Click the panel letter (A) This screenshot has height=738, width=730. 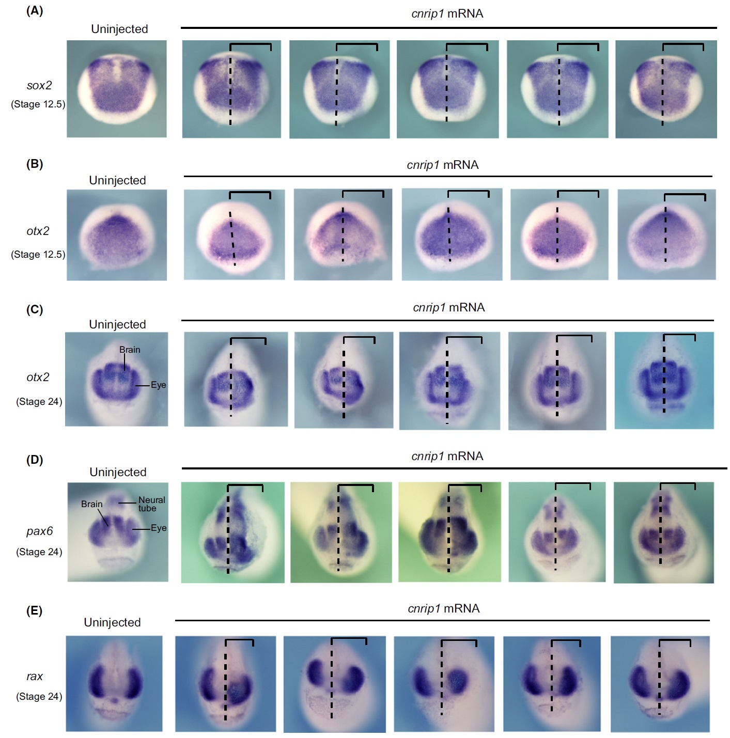pos(35,11)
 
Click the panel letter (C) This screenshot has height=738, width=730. pos(35,309)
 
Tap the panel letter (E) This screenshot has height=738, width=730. pos(35,611)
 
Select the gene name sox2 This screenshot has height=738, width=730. pos(39,85)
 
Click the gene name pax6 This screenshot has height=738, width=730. pos(39,531)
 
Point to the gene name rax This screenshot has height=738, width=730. pos(35,676)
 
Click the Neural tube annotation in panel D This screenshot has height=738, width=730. pos(151,504)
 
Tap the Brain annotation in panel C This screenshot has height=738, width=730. pos(130,350)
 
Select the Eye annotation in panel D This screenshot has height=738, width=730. pos(159,528)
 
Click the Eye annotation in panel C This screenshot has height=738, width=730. pos(158,385)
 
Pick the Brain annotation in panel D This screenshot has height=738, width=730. pos(92,504)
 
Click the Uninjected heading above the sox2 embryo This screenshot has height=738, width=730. pos(119,29)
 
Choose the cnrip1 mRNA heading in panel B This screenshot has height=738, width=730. pos(443,165)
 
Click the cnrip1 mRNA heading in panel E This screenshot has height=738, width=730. pos(444,608)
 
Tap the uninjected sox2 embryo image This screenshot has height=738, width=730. pos(117,89)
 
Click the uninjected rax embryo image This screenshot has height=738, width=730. pos(114,683)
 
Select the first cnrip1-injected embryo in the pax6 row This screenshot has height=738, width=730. pos(232,532)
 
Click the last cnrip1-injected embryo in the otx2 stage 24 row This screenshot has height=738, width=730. pos(664,380)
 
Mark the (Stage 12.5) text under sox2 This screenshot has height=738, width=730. pos(38,104)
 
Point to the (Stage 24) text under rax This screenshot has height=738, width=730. pos(39,696)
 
